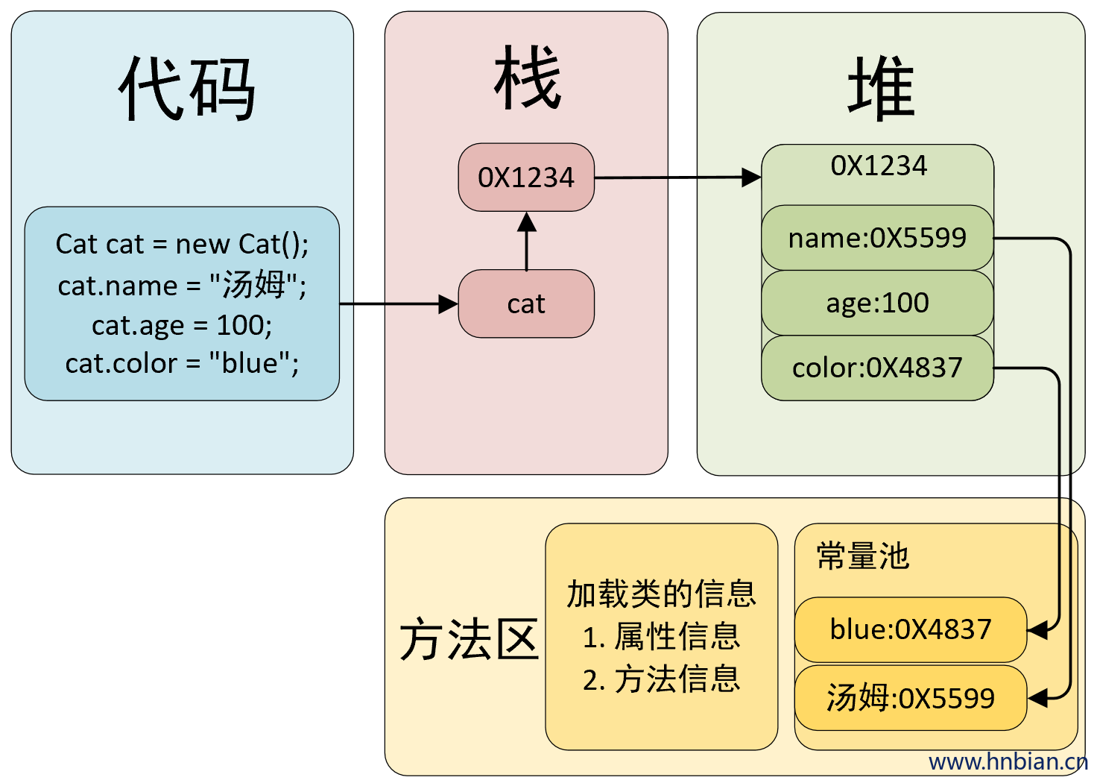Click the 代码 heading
coord(186,89)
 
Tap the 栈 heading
coord(527,77)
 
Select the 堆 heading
coord(881,88)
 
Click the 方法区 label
coord(470,639)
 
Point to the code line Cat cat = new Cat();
coord(182,244)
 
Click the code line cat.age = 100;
coord(182,325)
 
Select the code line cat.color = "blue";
coord(182,364)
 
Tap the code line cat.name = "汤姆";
coord(182,285)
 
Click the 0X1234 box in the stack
coord(526,177)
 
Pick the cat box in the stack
coord(526,304)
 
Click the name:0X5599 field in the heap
coord(878,238)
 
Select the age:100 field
coord(878,303)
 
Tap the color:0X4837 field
coord(878,368)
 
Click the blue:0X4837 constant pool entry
coord(911,629)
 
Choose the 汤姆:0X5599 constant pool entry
coord(911,698)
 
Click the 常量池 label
coord(863,556)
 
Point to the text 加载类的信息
coord(662,594)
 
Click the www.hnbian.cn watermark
coord(1008,762)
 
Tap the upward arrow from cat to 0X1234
coord(526,241)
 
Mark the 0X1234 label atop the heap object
coord(879,166)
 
